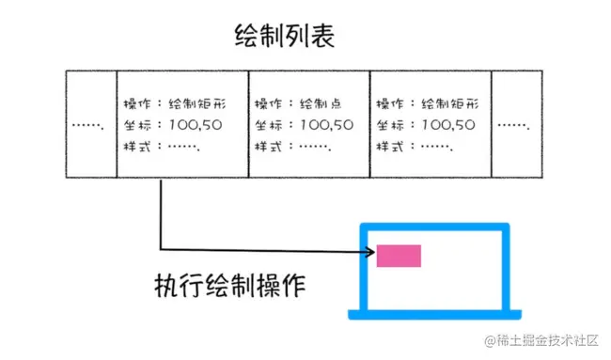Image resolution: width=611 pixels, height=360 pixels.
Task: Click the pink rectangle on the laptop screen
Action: pos(399,255)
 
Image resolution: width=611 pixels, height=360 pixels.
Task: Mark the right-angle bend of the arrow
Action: pos(162,250)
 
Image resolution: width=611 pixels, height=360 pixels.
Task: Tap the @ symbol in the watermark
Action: pos(490,340)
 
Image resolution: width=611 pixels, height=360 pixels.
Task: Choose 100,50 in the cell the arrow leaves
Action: pos(196,124)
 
